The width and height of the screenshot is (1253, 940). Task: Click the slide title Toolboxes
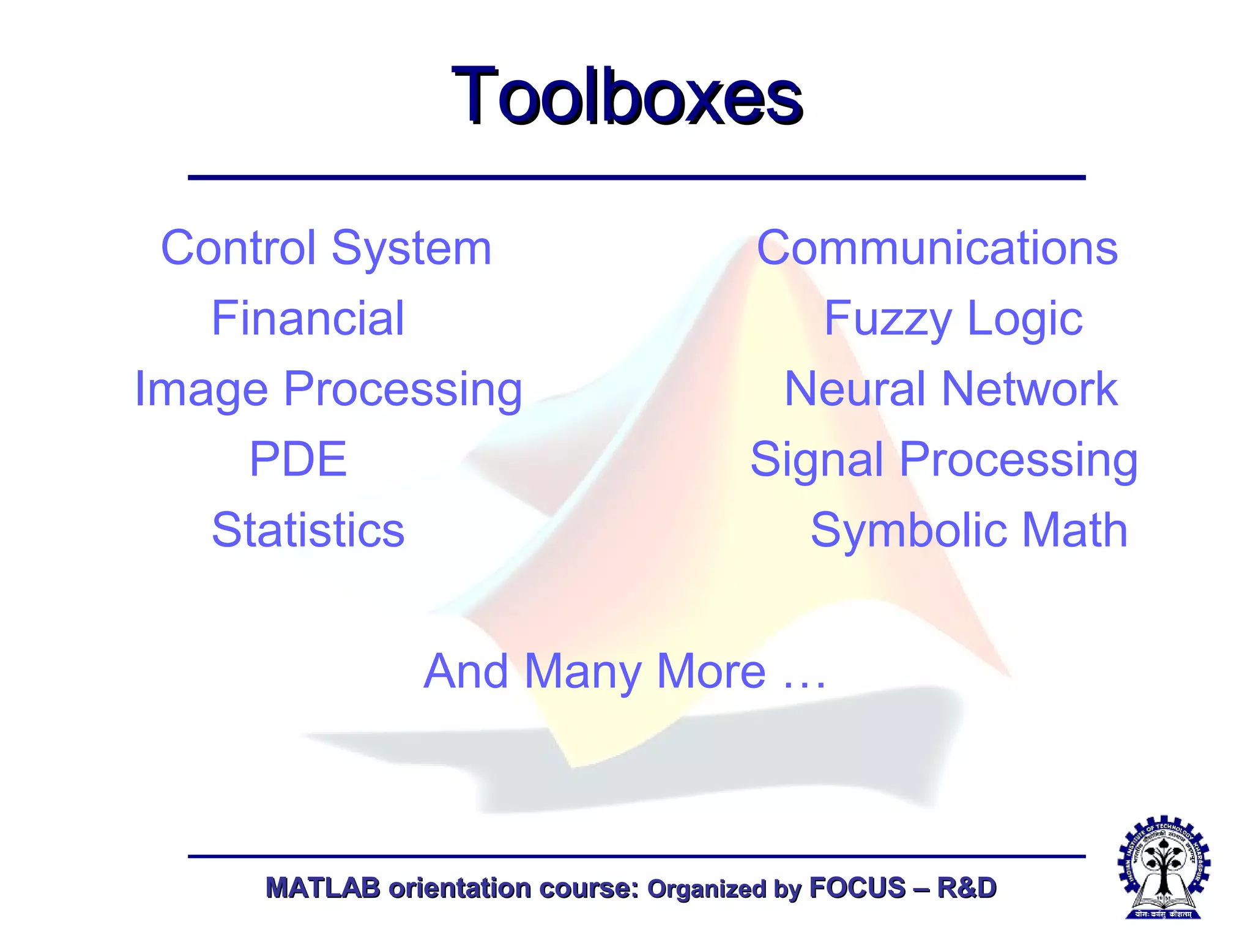tap(626, 97)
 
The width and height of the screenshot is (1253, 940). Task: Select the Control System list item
tap(326, 248)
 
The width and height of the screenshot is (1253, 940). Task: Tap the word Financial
tap(308, 318)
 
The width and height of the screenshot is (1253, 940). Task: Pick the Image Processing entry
tap(329, 389)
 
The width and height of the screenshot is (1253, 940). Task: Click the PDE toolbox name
tap(298, 459)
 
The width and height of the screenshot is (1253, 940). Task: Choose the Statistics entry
tap(308, 530)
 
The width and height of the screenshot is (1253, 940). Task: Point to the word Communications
tap(937, 248)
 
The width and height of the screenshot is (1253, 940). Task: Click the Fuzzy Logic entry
tap(953, 318)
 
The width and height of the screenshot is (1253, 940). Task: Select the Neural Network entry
tap(951, 389)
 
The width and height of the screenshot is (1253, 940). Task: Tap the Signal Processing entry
tap(944, 459)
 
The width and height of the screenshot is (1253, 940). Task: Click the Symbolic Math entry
tap(969, 530)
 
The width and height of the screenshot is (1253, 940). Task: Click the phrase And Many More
tap(593, 671)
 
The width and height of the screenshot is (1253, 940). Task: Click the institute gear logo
tap(1164, 867)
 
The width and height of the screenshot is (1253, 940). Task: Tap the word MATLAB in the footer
tap(323, 888)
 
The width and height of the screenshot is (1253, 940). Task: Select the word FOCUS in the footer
tap(857, 888)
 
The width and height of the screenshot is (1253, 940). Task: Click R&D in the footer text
tap(967, 888)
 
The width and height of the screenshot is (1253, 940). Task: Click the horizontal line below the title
tap(636, 177)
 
